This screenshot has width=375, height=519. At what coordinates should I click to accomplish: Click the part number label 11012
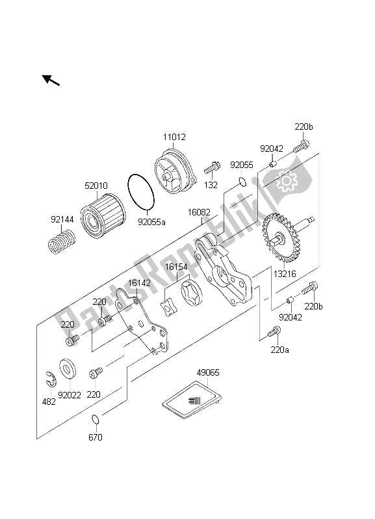pyautogui.click(x=174, y=137)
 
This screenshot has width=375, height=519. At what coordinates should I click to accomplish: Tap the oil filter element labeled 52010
pyautogui.click(x=103, y=211)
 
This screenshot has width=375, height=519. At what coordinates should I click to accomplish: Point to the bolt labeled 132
pyautogui.click(x=211, y=167)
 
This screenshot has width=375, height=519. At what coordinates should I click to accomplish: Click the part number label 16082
pyautogui.click(x=199, y=212)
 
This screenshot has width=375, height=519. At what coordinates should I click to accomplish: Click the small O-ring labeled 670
pyautogui.click(x=95, y=419)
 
